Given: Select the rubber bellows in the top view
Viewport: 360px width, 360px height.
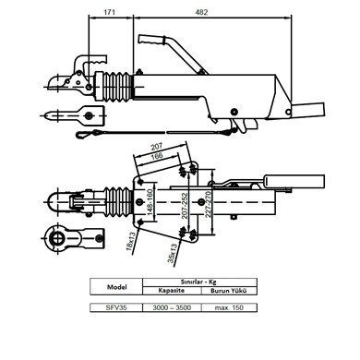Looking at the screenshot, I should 115,201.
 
